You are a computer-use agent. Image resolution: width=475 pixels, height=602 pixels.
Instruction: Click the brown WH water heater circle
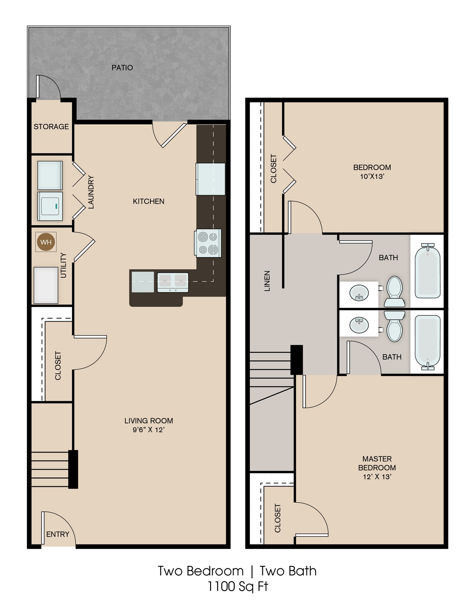tap(46, 242)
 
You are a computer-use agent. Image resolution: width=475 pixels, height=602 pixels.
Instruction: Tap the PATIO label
tap(122, 68)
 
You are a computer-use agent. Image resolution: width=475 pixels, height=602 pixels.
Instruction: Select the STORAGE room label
tap(51, 127)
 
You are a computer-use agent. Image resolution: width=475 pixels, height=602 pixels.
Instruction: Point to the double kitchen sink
tap(173, 282)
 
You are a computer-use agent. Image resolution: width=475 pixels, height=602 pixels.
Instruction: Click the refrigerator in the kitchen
tap(211, 179)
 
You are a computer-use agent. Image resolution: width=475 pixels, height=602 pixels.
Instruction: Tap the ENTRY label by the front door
tap(58, 534)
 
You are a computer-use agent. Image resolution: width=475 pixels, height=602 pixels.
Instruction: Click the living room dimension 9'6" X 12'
tap(148, 430)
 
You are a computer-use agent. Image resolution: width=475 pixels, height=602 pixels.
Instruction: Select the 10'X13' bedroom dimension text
tap(372, 176)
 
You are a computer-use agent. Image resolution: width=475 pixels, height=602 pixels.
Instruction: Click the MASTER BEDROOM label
tap(377, 463)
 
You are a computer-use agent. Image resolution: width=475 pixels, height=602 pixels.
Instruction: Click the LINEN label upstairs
tap(267, 281)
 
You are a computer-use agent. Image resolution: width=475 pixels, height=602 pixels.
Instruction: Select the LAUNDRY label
tap(91, 192)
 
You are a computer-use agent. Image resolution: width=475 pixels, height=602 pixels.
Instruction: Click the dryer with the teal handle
tap(50, 206)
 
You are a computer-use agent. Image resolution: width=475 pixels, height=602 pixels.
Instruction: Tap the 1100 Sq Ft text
tap(238, 586)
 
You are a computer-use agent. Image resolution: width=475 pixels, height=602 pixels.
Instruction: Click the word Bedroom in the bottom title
tap(215, 571)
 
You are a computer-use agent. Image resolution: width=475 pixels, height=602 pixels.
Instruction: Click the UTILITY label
tap(63, 265)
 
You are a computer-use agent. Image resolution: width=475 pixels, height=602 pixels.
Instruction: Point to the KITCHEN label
tap(148, 201)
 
